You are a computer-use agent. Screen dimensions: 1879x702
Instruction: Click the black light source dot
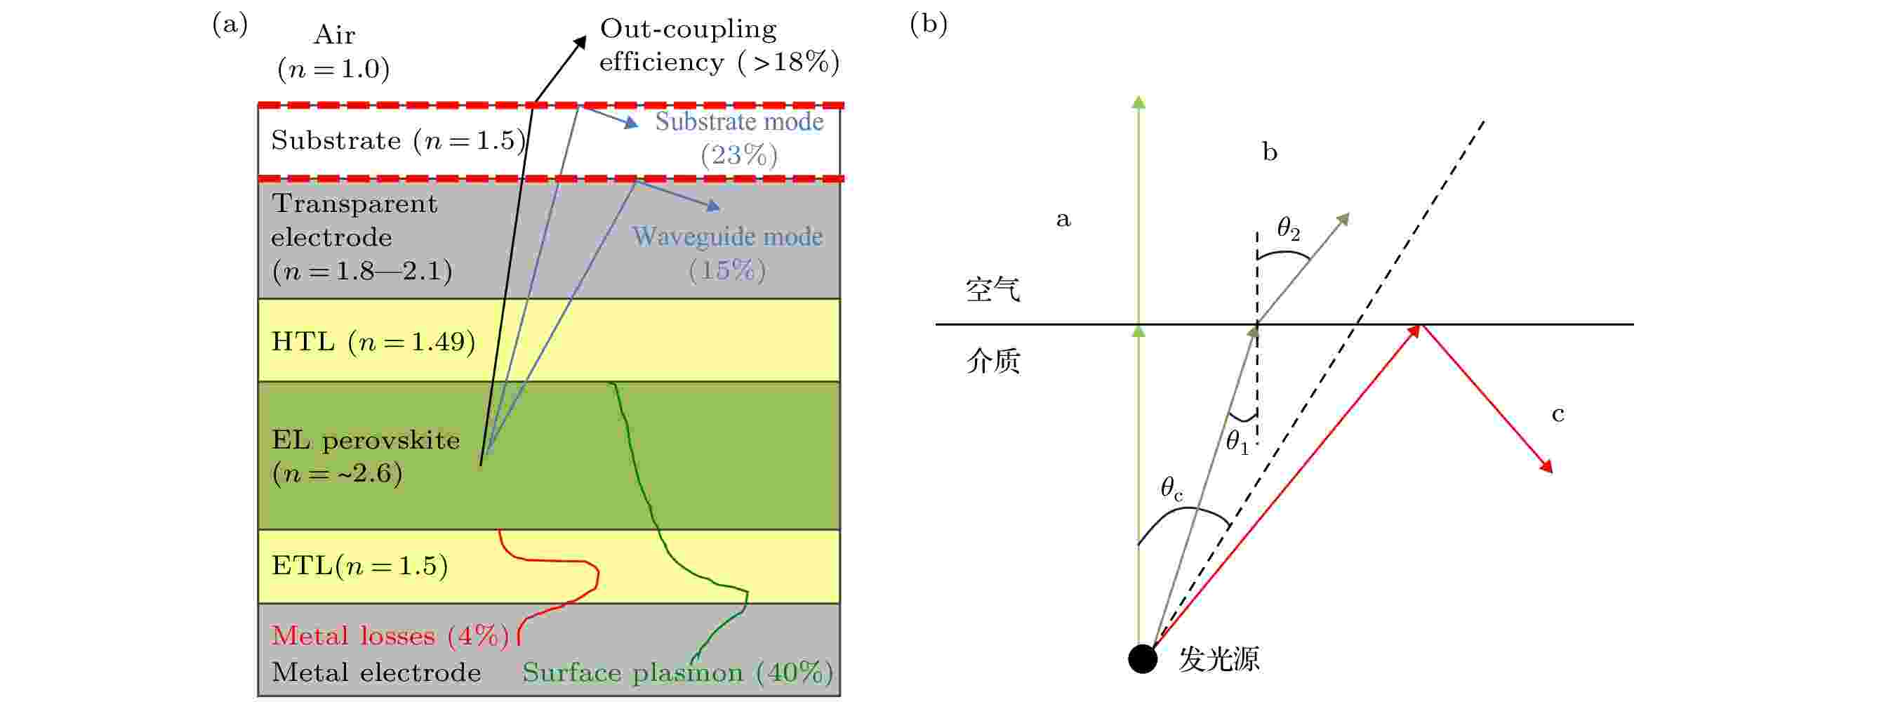pos(1142,658)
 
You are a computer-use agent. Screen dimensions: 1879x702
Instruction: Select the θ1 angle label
pos(1237,442)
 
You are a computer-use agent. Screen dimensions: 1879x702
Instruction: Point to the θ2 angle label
pos(1288,228)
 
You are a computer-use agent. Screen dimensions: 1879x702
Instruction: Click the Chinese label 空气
pos(992,290)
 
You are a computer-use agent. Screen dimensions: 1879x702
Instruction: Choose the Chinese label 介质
pos(992,361)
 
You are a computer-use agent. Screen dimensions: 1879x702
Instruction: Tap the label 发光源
pos(1219,659)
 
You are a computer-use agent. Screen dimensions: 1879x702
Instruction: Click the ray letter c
pos(1558,414)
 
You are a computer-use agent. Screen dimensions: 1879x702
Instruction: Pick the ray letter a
pos(1063,218)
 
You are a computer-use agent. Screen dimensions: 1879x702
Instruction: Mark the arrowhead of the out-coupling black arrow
pos(580,41)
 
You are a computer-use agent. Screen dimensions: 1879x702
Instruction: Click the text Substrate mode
pos(739,121)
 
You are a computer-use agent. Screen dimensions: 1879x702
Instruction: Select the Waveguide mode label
pos(727,236)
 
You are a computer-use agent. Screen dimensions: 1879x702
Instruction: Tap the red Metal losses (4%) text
pos(390,635)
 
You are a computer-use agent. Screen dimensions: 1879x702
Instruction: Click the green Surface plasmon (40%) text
pos(677,672)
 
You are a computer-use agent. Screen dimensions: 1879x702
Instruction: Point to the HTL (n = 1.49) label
pos(373,341)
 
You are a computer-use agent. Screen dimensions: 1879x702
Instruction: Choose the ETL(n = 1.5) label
pos(359,566)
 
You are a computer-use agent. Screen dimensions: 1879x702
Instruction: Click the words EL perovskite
pos(366,440)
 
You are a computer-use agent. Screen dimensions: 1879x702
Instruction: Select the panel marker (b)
pos(929,24)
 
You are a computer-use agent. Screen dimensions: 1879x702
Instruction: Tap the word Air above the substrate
pos(334,34)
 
